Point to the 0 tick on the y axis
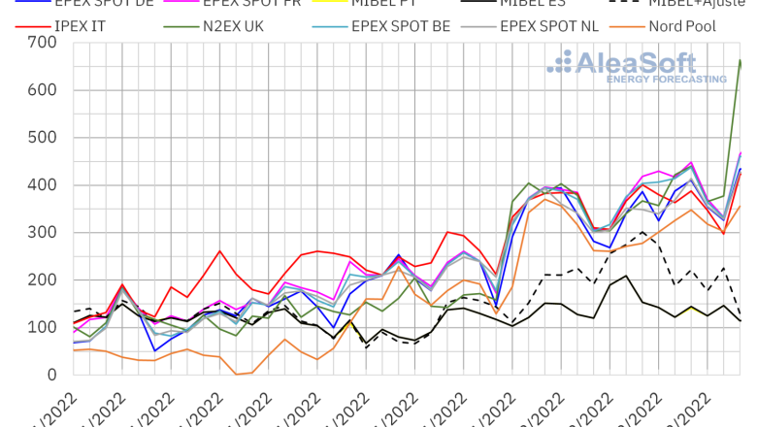pyautogui.click(x=50, y=375)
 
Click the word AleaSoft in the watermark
pyautogui.click(x=637, y=63)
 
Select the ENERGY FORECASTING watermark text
pyautogui.click(x=666, y=79)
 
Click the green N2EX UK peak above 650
pyautogui.click(x=741, y=60)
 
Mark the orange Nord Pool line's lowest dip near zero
pyautogui.click(x=237, y=374)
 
